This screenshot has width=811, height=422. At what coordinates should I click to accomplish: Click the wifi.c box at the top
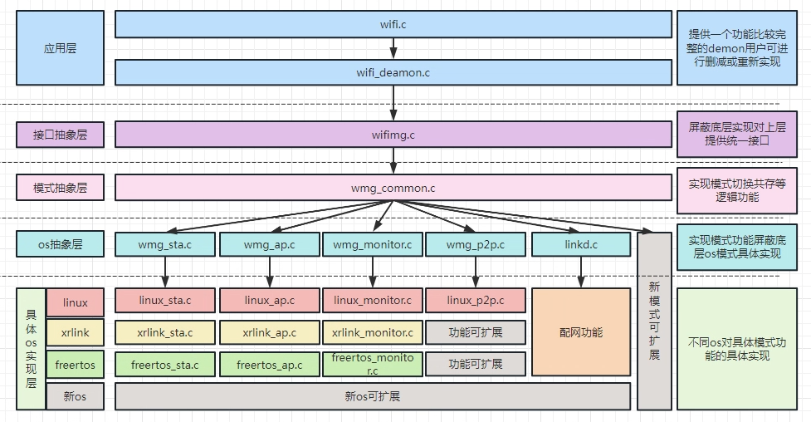(393, 24)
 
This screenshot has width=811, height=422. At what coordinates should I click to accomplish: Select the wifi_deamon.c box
(393, 72)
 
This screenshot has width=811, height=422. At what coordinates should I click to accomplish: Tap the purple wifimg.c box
(393, 134)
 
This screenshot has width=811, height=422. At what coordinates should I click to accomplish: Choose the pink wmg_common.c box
(393, 188)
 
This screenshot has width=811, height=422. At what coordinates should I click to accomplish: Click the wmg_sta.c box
(165, 244)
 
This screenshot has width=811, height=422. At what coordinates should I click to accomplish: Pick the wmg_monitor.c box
(373, 244)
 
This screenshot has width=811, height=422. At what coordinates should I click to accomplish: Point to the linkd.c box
(581, 244)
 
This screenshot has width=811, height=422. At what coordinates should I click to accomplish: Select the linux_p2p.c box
(475, 299)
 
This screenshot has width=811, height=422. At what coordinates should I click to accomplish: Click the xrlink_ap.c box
(269, 332)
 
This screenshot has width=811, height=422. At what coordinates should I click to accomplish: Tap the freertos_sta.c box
(165, 364)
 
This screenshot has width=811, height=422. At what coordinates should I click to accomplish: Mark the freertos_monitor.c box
(373, 364)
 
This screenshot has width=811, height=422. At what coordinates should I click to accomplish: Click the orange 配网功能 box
(581, 331)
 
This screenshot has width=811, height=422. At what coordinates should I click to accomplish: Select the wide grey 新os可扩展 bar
(373, 396)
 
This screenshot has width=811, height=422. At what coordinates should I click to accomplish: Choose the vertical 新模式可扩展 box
(654, 320)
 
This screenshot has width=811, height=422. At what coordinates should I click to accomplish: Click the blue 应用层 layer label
(60, 48)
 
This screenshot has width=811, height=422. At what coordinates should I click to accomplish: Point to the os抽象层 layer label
(60, 244)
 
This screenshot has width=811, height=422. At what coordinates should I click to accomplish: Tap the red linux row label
(75, 302)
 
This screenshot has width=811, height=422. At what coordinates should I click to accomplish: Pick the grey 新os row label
(75, 396)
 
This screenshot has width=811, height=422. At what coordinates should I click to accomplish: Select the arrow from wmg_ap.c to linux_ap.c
(269, 272)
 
